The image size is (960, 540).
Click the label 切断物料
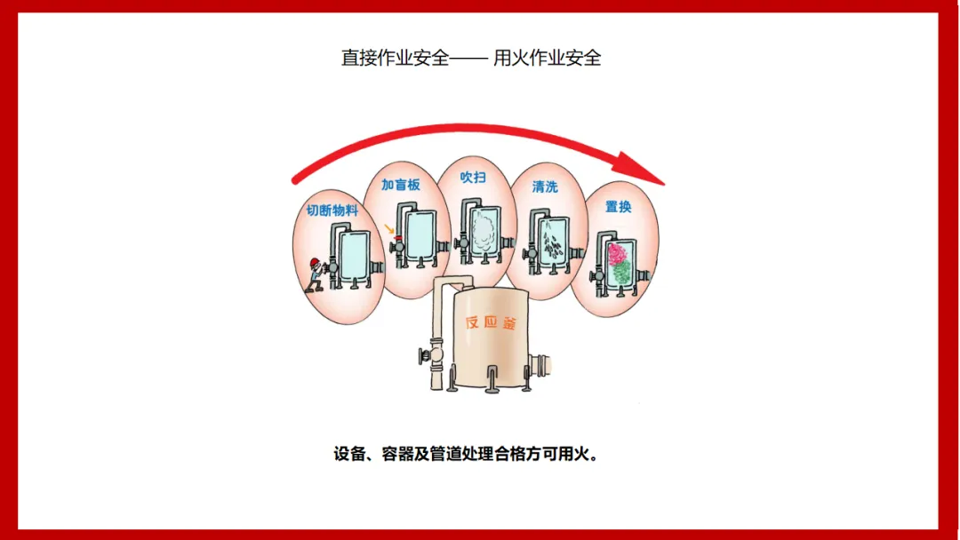point(332,210)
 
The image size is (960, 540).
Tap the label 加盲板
point(400,186)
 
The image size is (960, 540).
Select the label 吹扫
point(473,178)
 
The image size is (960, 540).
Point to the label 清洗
point(545,187)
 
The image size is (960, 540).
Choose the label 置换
point(618,207)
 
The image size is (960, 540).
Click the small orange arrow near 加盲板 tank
point(388,230)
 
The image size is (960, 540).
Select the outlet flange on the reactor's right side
point(540,364)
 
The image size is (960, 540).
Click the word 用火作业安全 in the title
point(548,59)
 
